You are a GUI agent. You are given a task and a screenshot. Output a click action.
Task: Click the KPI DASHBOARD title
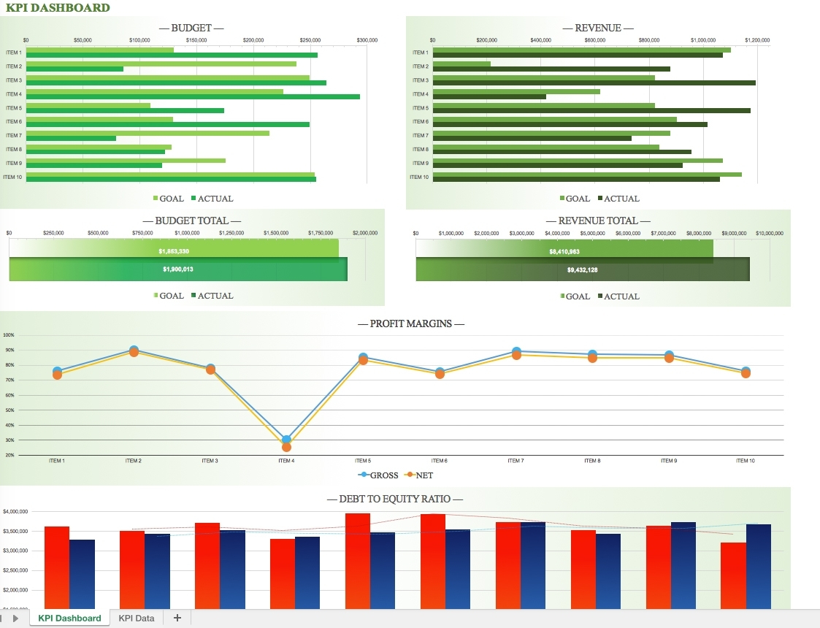click(x=58, y=8)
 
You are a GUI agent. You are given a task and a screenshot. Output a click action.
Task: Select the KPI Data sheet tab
click(x=137, y=618)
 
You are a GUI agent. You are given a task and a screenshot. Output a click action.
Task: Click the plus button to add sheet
click(x=177, y=618)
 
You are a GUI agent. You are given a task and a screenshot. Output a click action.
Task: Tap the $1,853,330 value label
click(x=174, y=250)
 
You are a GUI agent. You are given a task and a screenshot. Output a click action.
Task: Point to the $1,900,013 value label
click(x=177, y=269)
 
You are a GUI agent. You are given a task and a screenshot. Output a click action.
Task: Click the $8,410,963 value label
click(x=564, y=251)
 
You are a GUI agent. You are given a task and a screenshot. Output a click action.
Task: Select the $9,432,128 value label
click(x=582, y=269)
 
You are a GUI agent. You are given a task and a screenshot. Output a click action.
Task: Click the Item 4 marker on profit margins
click(x=286, y=440)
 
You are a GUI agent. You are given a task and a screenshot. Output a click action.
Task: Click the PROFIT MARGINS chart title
click(x=410, y=323)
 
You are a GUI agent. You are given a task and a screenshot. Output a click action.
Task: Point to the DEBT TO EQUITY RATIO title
click(x=395, y=499)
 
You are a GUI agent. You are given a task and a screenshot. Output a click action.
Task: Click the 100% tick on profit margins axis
click(x=9, y=335)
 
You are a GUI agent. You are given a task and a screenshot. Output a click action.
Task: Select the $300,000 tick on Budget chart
click(x=367, y=40)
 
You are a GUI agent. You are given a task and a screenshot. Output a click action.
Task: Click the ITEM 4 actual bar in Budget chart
click(x=193, y=97)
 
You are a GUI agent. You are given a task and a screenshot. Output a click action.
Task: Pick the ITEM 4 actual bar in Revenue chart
click(x=489, y=97)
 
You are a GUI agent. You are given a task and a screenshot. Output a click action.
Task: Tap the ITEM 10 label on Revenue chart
click(x=419, y=177)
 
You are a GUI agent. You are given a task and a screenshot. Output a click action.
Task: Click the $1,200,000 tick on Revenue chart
click(x=757, y=40)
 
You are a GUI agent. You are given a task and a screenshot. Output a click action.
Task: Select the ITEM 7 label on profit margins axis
click(x=516, y=461)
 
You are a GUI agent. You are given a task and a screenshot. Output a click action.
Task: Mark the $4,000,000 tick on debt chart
click(x=15, y=511)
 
